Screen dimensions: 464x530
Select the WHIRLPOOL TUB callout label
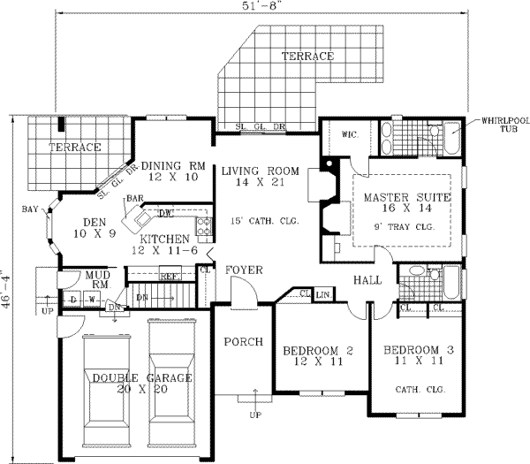(499, 124)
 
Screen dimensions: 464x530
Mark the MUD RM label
(95, 279)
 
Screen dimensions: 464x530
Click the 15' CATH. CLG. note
(261, 220)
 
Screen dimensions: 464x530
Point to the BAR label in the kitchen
(134, 198)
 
